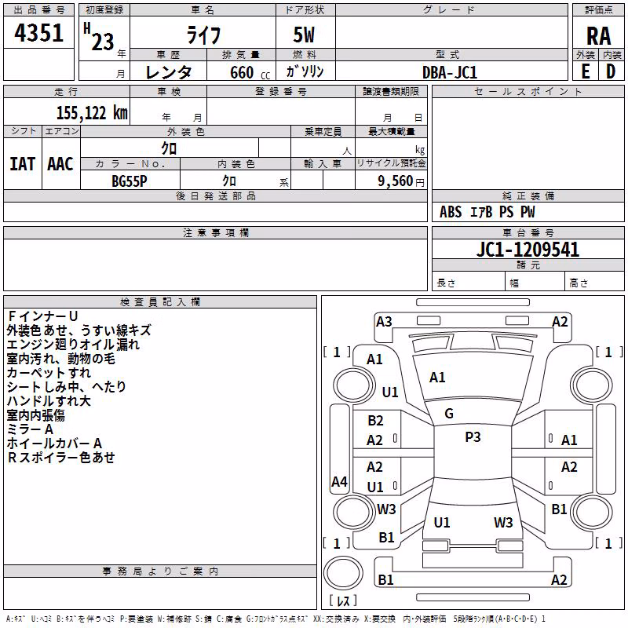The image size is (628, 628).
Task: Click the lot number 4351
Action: [x=38, y=33]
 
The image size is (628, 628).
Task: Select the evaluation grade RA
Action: [x=598, y=36]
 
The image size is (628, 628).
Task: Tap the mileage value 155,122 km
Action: [x=92, y=112]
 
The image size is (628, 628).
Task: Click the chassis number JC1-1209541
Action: [x=528, y=250]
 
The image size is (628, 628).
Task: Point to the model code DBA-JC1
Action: [x=450, y=72]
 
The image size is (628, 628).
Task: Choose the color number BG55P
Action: [x=130, y=181]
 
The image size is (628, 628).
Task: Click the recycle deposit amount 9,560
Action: [x=396, y=181]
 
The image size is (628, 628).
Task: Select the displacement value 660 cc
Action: [x=250, y=72]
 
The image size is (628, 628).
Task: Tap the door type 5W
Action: [x=304, y=35]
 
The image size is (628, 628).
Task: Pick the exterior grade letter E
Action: [x=586, y=71]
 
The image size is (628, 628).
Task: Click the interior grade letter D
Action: [x=611, y=71]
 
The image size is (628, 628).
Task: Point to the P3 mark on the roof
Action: [x=473, y=437]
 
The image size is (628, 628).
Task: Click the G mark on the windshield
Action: [x=449, y=414]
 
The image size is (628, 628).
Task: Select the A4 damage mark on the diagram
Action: [x=339, y=481]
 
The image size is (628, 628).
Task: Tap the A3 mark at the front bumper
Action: [x=384, y=322]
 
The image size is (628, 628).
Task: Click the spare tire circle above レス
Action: [x=343, y=572]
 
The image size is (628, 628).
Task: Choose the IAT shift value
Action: [x=22, y=164]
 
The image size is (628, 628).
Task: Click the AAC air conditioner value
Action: [x=60, y=164]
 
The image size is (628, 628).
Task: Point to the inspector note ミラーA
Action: [x=30, y=429]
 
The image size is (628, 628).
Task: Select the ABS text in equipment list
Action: [x=451, y=212]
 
